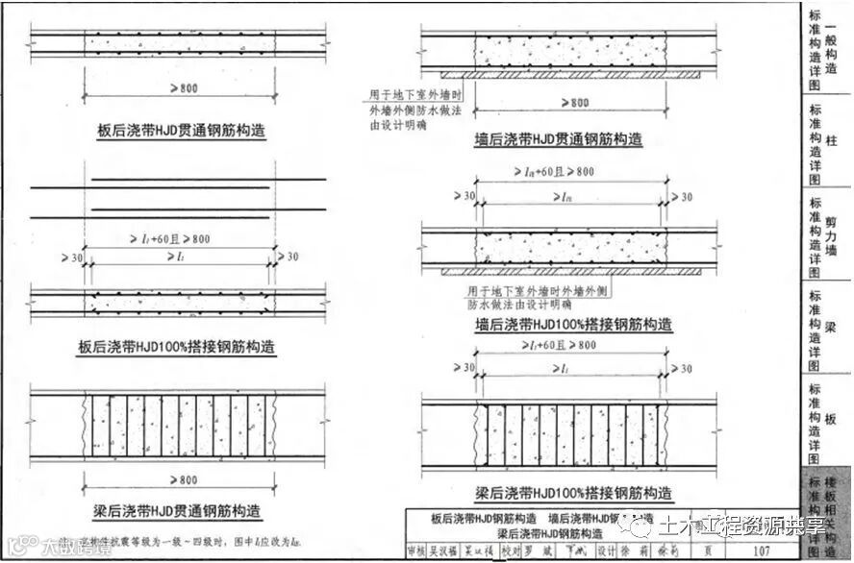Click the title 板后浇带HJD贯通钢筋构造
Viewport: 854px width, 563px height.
click(182, 132)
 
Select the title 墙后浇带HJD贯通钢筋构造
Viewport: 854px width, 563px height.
click(559, 140)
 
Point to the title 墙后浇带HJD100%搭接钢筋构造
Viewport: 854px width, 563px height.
click(573, 324)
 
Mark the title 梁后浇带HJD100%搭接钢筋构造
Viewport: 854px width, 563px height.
click(575, 494)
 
